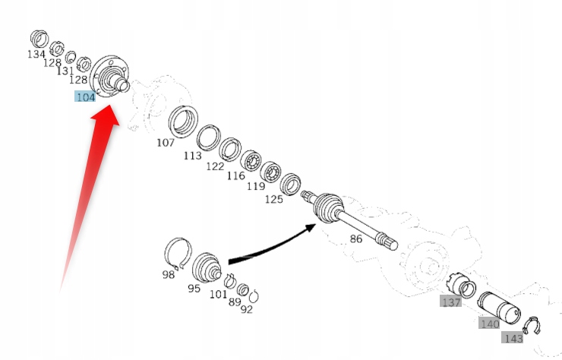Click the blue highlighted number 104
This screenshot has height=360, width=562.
point(85,96)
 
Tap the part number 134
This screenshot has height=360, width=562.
point(36,55)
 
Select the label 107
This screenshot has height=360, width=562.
point(166,142)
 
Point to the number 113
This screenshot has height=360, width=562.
point(192,156)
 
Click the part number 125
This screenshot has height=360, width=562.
point(273,199)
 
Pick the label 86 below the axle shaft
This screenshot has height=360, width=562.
point(356,238)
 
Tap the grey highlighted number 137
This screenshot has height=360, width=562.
point(450,302)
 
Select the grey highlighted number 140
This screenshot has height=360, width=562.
point(489,324)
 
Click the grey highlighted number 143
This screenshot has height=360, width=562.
point(513,338)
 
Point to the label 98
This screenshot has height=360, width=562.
point(168,275)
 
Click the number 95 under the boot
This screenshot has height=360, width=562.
point(194,289)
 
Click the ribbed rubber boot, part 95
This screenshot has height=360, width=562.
point(206,268)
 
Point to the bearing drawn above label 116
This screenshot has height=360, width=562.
point(252,162)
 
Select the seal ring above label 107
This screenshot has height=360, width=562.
point(182,122)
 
